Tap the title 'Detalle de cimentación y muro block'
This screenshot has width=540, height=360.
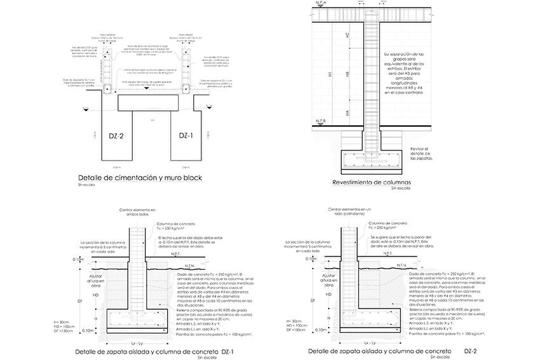[x=139, y=178]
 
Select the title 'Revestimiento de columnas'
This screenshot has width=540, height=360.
[x=372, y=183]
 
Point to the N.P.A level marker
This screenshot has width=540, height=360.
[x=321, y=4]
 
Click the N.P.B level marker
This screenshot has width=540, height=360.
[x=321, y=121]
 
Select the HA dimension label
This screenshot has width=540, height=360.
[x=347, y=111]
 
